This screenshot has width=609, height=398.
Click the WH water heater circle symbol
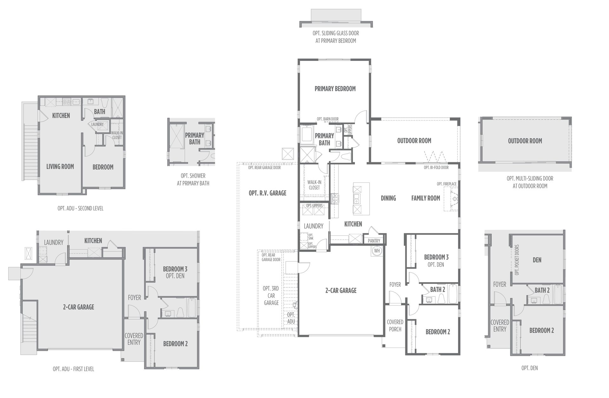[377, 251]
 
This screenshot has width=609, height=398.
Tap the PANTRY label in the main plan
[374, 241]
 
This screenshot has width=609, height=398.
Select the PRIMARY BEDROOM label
[335, 89]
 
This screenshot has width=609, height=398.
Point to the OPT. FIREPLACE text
[447, 184]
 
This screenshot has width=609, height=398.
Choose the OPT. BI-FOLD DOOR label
[436, 168]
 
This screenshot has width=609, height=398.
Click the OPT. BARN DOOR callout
[328, 119]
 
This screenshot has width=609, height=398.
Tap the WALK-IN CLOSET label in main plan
[314, 185]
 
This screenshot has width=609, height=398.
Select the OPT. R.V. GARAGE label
[268, 193]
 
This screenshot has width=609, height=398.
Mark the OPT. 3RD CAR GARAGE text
[271, 295]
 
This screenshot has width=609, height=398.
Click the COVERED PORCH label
[395, 326]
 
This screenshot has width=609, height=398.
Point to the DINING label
[388, 198]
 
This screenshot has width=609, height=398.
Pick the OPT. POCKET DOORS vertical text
[517, 260]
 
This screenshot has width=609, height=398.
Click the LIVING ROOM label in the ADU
[60, 166]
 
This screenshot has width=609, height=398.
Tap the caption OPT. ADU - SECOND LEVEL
[81, 209]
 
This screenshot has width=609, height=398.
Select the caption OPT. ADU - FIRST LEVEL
[74, 369]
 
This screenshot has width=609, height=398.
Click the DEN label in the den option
[537, 260]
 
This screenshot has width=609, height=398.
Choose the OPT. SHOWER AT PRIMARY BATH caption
[193, 179]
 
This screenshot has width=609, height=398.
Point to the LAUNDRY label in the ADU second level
[97, 124]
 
